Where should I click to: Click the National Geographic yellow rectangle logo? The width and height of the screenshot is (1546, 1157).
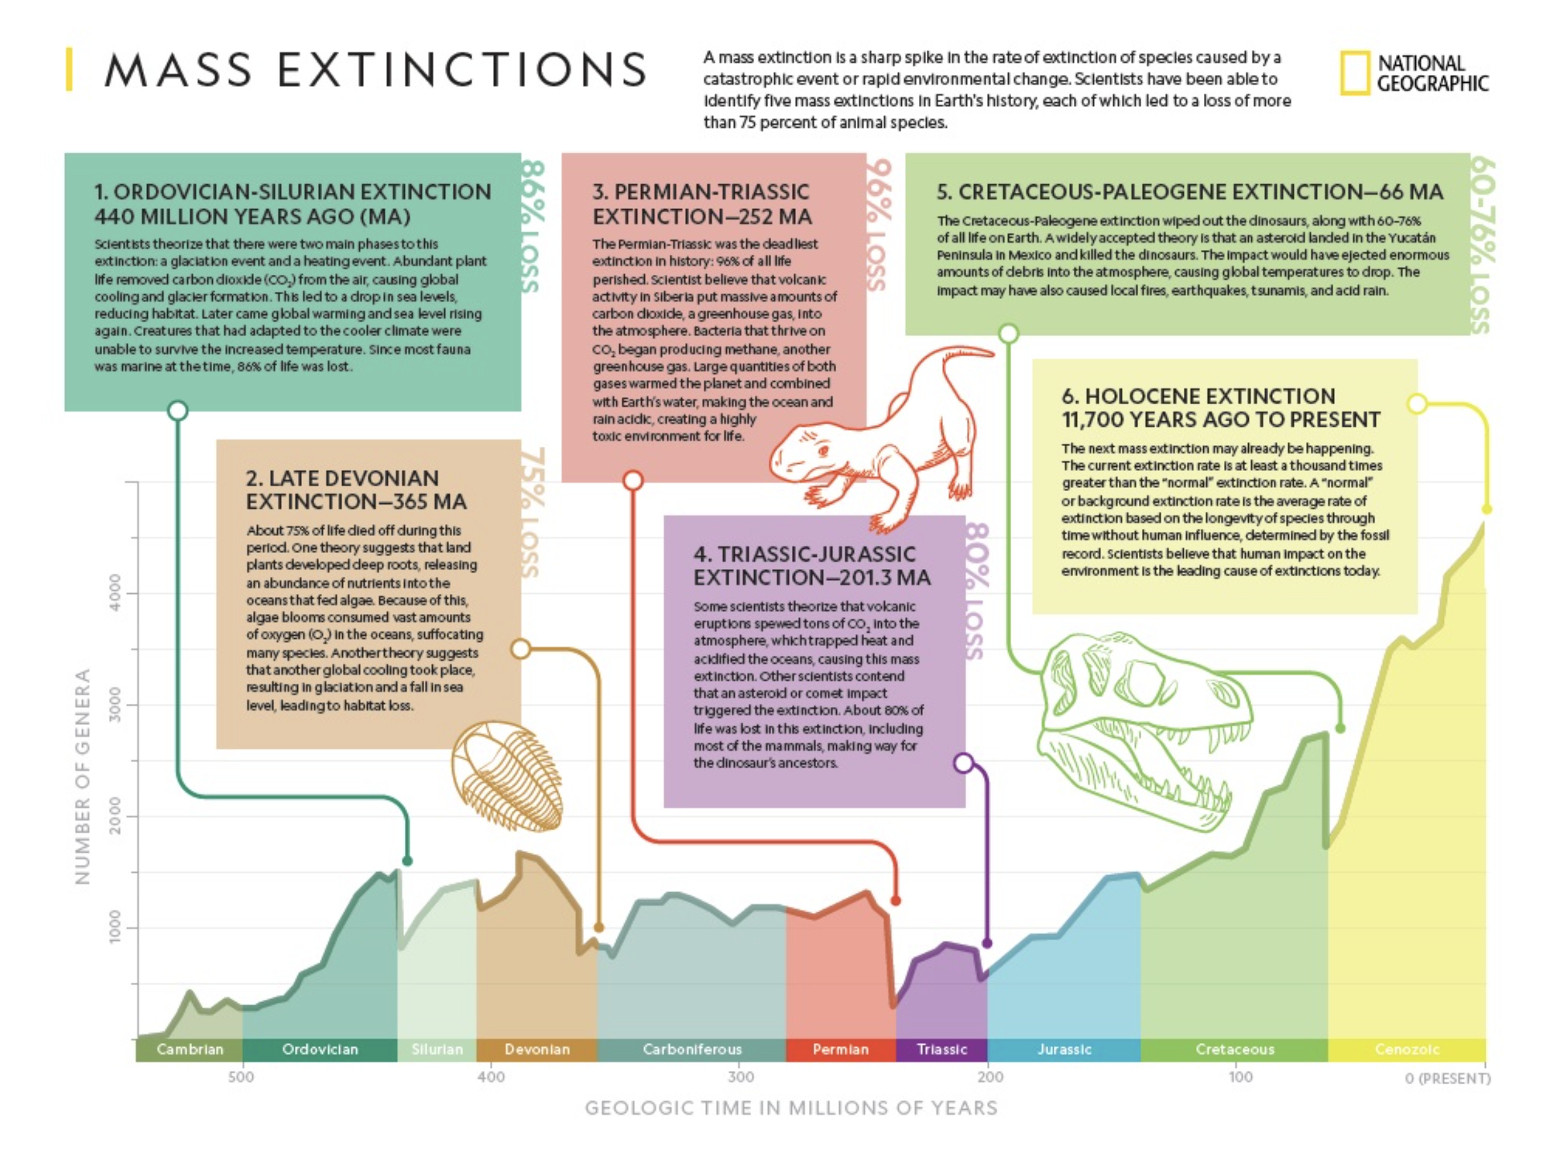1355,73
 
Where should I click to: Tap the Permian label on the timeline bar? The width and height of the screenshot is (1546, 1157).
840,1049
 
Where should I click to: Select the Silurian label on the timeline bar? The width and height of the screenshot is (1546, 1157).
437,1049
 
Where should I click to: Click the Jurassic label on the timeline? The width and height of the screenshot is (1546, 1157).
1064,1049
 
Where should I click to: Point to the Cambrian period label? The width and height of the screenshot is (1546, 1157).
189,1049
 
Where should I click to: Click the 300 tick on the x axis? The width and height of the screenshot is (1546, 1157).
741,1077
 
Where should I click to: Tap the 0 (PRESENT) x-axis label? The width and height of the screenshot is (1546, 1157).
1447,1078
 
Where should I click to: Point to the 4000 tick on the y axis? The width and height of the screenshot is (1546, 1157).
115,593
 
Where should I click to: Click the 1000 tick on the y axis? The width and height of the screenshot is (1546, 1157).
115,927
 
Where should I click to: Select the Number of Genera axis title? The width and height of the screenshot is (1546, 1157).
83,775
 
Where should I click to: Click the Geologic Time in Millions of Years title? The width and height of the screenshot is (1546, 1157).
791,1108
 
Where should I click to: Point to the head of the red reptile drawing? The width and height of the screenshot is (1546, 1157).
804,454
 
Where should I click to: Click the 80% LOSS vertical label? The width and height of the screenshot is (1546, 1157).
976,591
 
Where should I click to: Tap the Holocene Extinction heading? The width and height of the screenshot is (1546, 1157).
1220,407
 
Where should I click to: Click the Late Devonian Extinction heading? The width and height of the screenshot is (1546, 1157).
356,489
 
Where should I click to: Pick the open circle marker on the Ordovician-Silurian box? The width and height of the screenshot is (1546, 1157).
178,410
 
